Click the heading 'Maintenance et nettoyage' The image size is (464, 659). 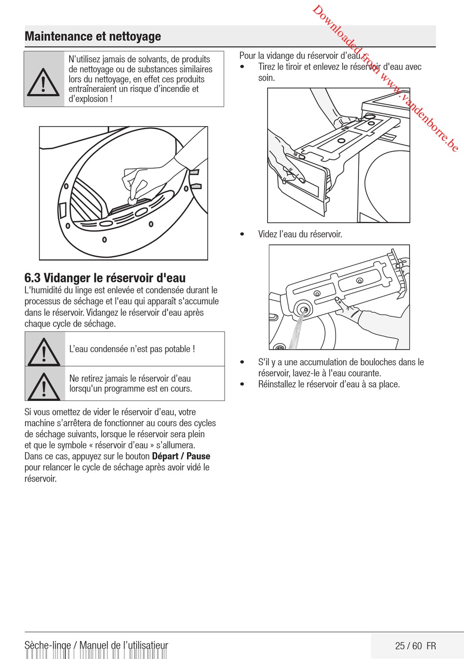point(93,36)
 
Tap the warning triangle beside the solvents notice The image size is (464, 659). point(43,82)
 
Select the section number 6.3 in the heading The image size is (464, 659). point(33,278)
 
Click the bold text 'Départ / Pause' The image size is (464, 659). point(181,456)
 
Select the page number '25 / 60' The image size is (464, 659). point(408,646)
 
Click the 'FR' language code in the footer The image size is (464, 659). point(431,646)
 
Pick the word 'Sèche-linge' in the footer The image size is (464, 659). point(47,645)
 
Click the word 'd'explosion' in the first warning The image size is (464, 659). point(88,99)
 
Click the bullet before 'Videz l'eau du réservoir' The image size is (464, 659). point(242,234)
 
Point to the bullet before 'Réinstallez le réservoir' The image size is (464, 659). point(242,384)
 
